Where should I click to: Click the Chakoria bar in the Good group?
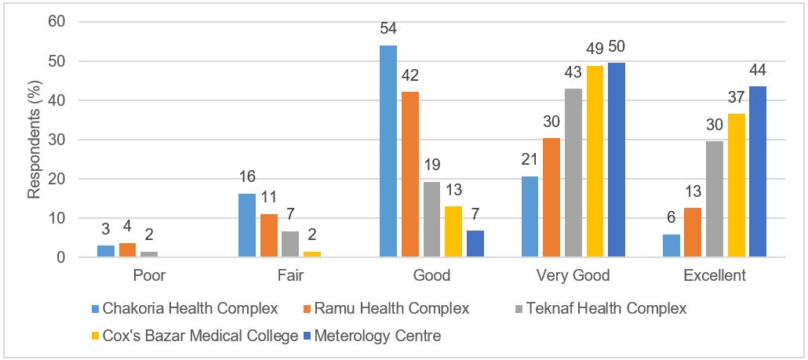pyautogui.click(x=388, y=151)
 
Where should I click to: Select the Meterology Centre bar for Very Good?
pyautogui.click(x=616, y=160)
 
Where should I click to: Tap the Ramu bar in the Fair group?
pyautogui.click(x=268, y=235)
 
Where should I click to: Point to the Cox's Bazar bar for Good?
pyautogui.click(x=453, y=231)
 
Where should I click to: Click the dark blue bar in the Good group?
pyautogui.click(x=475, y=244)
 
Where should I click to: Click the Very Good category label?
pyautogui.click(x=573, y=276)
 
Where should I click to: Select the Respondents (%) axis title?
pyautogui.click(x=35, y=140)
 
